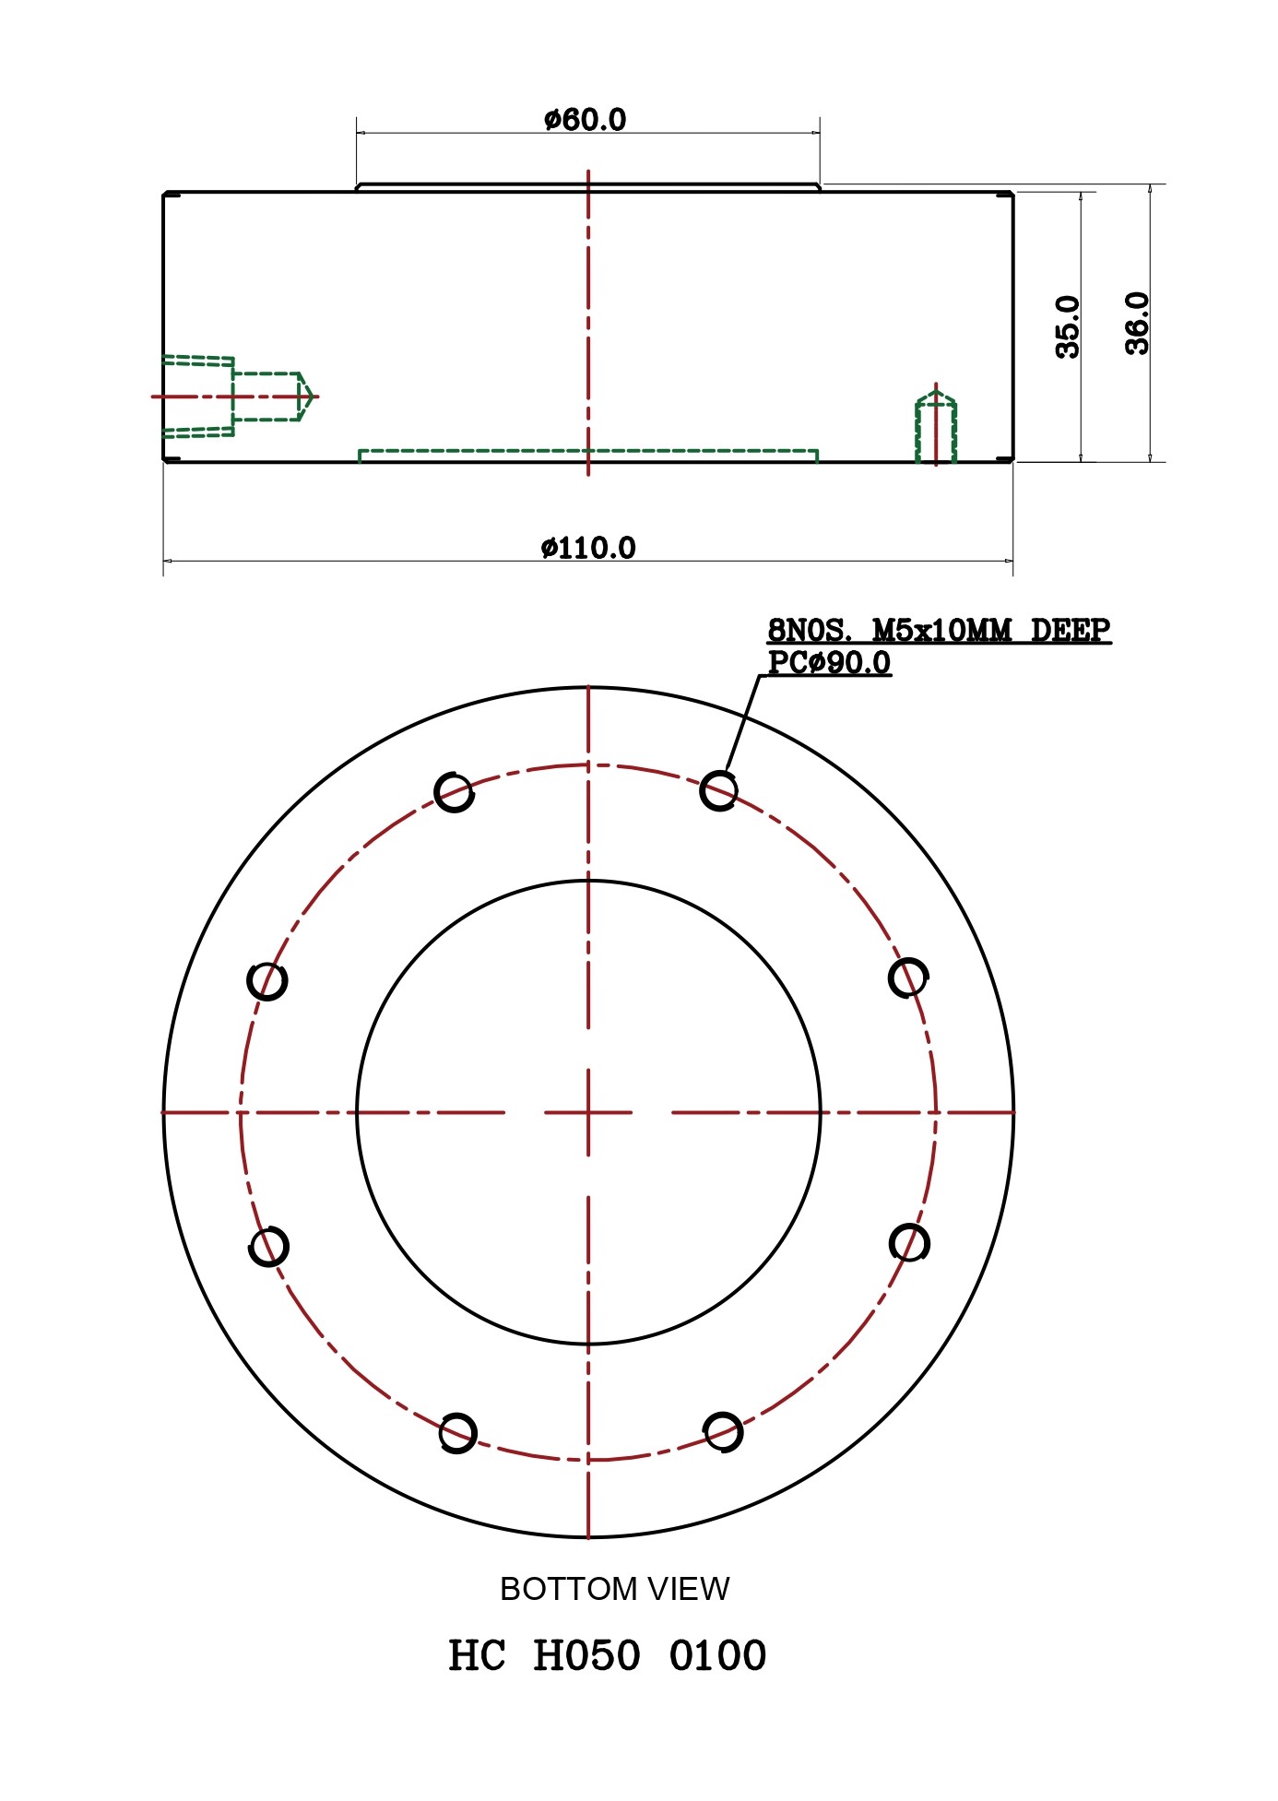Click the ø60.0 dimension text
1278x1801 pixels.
tap(585, 120)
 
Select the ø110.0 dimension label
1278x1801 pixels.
tap(588, 548)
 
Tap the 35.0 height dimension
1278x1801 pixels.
tap(1068, 326)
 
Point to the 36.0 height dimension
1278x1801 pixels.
tap(1138, 323)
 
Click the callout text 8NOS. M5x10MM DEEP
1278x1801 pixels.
tap(940, 631)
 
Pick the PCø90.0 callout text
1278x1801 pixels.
tap(830, 663)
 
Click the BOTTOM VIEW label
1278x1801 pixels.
tap(614, 1589)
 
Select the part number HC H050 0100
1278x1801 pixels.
tap(607, 1656)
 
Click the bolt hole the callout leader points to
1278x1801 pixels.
tap(718, 790)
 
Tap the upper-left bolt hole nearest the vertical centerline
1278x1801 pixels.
tap(454, 791)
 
